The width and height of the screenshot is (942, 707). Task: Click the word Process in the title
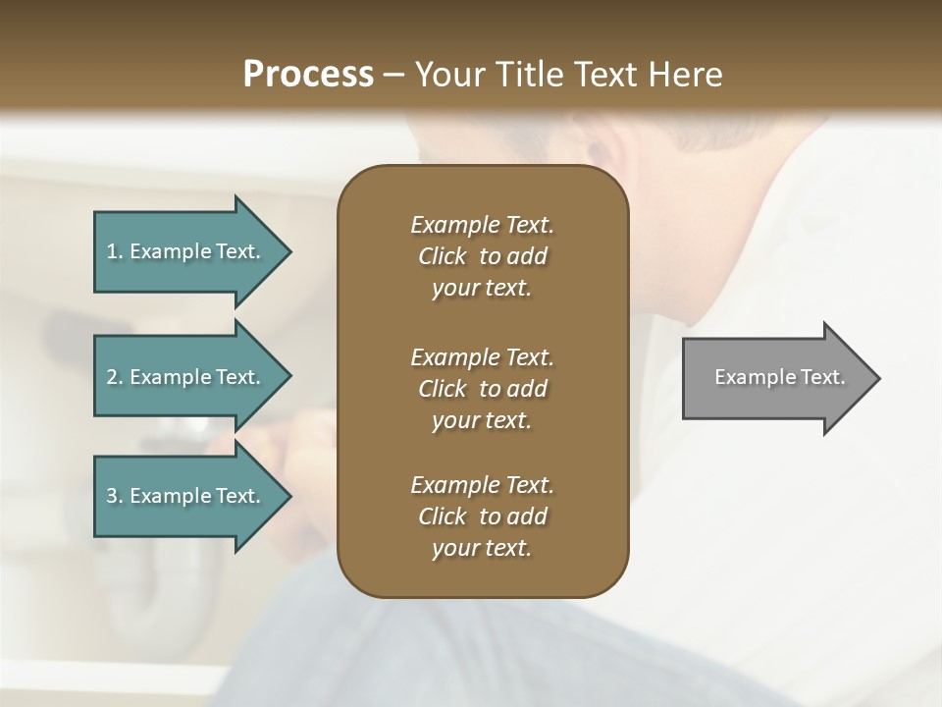[x=308, y=75]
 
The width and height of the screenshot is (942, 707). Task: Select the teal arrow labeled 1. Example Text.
[x=186, y=251]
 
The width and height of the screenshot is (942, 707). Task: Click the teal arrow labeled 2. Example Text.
[x=186, y=377]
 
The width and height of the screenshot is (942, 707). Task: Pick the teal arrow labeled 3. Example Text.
[x=186, y=496]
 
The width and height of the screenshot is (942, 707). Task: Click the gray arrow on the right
[x=775, y=378]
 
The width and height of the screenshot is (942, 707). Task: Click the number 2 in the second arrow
[x=112, y=377]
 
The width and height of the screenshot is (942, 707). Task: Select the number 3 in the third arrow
[x=112, y=496]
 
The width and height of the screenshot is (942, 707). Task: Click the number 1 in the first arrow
[x=112, y=251]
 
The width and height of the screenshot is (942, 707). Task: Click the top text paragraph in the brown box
[x=482, y=256]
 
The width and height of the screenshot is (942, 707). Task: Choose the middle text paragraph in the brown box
[x=482, y=389]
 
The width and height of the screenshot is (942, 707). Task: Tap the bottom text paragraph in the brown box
[x=482, y=517]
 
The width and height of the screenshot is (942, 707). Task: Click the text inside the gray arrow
[x=779, y=377]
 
